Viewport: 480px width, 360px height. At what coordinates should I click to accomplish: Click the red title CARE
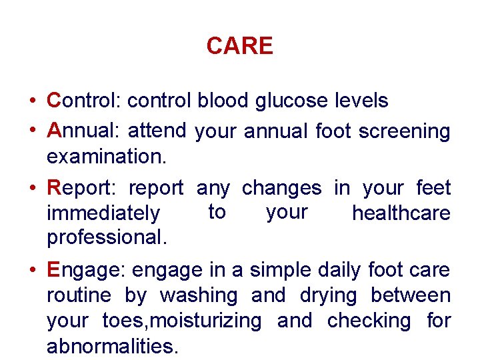coord(239,46)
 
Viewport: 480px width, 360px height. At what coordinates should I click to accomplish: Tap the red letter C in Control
coord(55,101)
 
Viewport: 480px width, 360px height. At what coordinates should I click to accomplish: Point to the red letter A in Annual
coord(55,131)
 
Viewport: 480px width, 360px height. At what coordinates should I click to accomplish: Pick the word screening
coord(404,132)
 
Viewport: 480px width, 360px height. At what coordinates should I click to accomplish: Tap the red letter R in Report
coord(55,188)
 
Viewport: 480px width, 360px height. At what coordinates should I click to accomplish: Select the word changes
coord(281,189)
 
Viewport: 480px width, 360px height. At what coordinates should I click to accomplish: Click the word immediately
coord(103,214)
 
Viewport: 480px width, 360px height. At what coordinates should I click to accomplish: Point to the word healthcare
coord(401,213)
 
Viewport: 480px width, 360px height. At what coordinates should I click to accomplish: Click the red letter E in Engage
coord(55,270)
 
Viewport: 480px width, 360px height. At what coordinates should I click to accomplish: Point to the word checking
coord(369,321)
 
